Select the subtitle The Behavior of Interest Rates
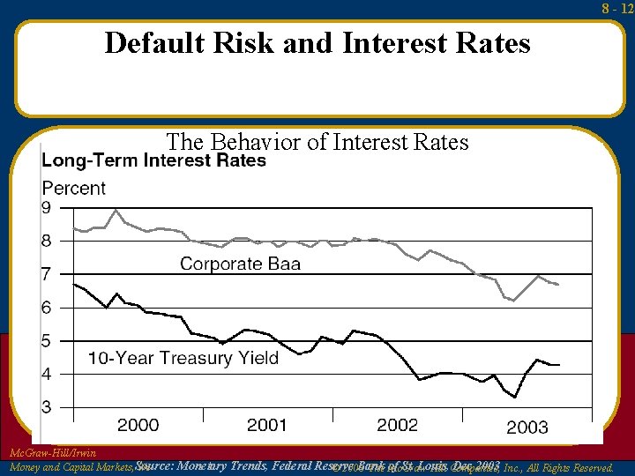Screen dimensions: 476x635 [x=317, y=142]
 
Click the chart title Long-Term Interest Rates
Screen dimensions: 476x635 [x=154, y=160]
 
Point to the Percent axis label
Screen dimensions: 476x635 [x=74, y=188]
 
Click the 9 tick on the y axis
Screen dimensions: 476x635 [x=48, y=207]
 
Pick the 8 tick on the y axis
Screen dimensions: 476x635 [x=48, y=241]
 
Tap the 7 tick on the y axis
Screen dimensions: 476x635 [x=48, y=274]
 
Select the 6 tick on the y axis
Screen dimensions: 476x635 [x=48, y=308]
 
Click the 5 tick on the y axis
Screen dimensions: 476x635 [x=48, y=341]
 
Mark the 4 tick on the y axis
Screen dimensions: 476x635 [x=48, y=374]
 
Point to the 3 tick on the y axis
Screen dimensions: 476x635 [x=48, y=407]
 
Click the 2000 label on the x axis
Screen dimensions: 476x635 [x=138, y=426]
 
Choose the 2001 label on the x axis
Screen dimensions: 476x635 [x=267, y=426]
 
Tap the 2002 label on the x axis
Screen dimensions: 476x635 [x=397, y=426]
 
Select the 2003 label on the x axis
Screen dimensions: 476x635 [x=527, y=428]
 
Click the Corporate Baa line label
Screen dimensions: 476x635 [x=240, y=264]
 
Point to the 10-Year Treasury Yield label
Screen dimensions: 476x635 [x=183, y=358]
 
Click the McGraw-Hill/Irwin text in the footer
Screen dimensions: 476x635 [x=52, y=453]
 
